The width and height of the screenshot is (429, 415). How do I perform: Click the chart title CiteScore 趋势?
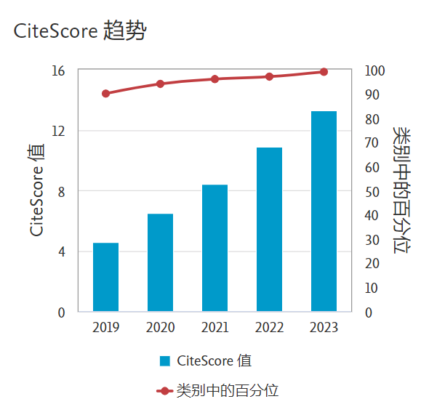coord(80,32)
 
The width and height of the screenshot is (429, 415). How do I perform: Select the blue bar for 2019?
coord(105,277)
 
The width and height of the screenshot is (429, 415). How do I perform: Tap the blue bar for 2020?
coord(160,262)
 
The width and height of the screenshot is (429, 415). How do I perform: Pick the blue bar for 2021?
coord(214,248)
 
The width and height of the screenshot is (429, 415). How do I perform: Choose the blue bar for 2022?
coord(269,230)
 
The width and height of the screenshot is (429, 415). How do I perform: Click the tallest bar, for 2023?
coord(324,211)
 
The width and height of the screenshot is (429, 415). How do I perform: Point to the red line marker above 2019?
coord(105,94)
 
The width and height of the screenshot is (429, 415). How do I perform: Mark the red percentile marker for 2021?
coord(214,79)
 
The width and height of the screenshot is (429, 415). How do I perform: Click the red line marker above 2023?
coord(324,72)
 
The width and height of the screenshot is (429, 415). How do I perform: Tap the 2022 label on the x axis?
coord(269,328)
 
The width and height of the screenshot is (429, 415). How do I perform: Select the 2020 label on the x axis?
coord(160,328)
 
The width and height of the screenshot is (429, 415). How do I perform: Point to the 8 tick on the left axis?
coord(61,192)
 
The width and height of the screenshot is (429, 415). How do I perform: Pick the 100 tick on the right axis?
coord(374,70)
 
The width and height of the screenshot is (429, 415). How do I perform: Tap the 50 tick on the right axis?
coord(372,192)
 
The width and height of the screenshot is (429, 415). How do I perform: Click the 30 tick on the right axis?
coord(372,240)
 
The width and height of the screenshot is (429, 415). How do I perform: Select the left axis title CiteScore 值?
coord(37,190)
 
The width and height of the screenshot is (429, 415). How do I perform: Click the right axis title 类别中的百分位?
coord(401,190)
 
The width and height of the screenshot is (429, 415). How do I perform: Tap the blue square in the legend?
coord(165,361)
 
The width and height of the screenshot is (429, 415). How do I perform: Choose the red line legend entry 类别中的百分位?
coord(218,390)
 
